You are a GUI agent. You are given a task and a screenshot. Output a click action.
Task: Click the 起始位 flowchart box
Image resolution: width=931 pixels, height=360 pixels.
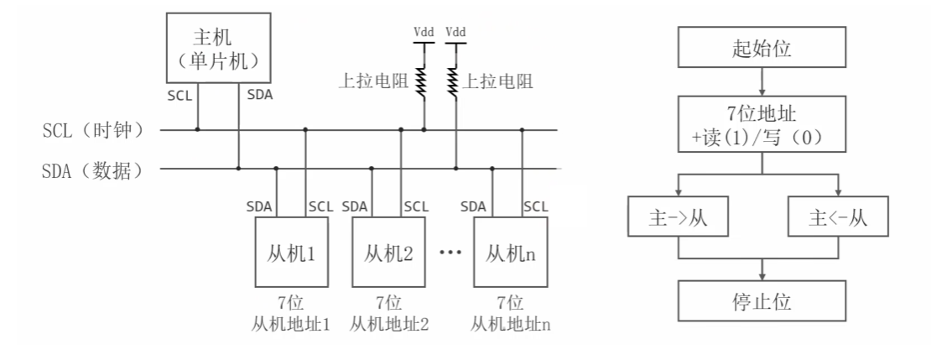762,51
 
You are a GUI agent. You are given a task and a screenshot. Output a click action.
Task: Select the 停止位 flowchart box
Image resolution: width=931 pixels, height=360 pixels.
762,300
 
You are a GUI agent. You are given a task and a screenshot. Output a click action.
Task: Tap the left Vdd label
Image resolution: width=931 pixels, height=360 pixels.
424,31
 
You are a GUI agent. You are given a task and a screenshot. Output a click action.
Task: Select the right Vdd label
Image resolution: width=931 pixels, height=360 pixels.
455,31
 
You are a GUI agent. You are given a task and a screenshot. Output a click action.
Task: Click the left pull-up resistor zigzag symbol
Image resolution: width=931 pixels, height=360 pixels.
424,81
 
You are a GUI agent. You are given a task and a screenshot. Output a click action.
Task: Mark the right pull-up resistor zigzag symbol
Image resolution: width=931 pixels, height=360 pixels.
456,81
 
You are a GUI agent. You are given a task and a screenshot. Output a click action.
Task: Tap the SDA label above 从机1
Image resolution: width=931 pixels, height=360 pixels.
261,206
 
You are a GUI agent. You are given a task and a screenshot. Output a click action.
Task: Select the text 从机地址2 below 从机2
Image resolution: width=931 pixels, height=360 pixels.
389,323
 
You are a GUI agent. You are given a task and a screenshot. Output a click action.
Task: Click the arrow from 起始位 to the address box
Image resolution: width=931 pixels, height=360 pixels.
762,81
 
